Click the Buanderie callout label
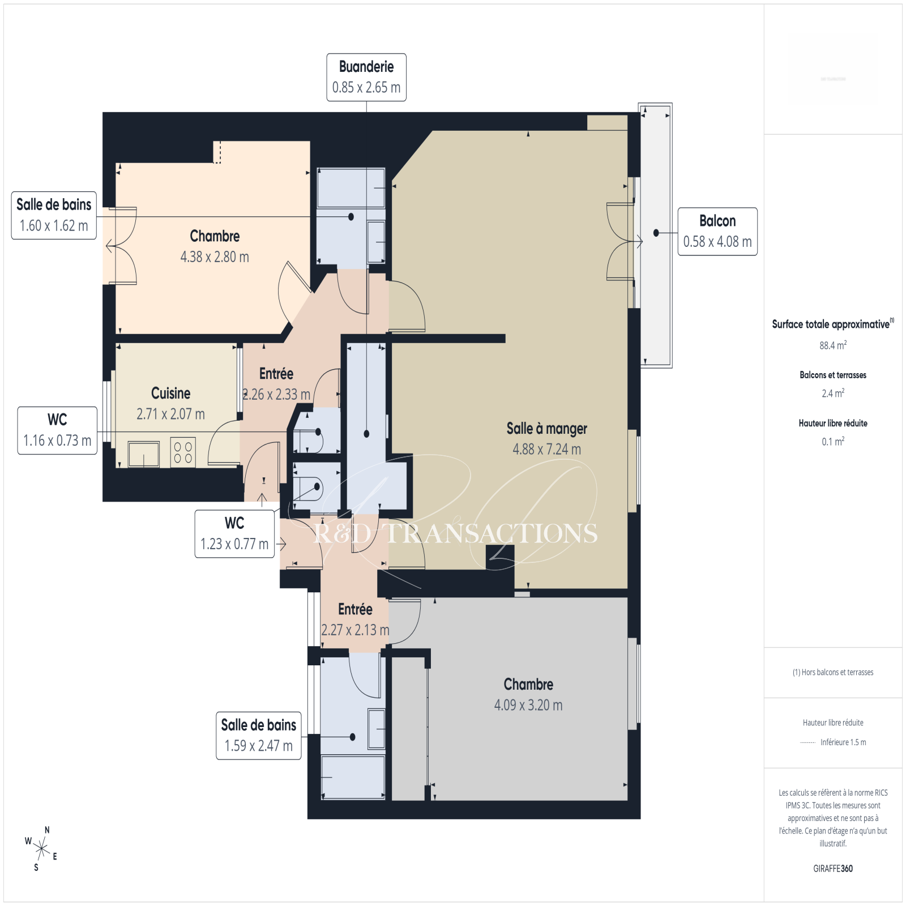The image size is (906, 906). coord(366,78)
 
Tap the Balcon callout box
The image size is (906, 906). coord(717,232)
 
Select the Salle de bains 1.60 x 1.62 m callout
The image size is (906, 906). coord(54,216)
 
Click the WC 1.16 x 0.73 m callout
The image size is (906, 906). coord(57,430)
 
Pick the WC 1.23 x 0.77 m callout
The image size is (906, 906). coord(234,534)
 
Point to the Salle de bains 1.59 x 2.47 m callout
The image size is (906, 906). coord(259,736)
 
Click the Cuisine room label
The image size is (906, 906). coord(170,403)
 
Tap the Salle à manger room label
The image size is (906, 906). coord(546,439)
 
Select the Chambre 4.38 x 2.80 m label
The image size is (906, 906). coord(215,246)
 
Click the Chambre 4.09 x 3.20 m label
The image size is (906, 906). coord(528,695)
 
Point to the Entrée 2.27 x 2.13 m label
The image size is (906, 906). coord(355,619)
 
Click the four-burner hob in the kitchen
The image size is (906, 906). coord(183,452)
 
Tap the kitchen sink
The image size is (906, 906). coord(144,454)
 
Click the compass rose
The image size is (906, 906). coord(41,848)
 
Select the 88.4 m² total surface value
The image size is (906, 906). coord(833,345)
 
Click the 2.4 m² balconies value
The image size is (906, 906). coord(833,393)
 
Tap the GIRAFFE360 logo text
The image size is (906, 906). coord(833,869)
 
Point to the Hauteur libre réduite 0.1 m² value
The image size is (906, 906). coord(833,441)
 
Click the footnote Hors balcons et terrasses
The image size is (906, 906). coord(833,672)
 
